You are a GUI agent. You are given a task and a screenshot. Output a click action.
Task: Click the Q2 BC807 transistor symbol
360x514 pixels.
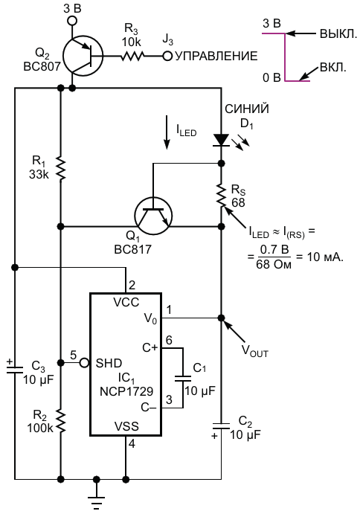[x=83, y=55]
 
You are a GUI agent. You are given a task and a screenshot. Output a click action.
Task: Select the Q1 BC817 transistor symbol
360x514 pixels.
[x=153, y=216]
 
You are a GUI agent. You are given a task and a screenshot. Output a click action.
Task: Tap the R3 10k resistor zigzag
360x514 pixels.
[x=132, y=56]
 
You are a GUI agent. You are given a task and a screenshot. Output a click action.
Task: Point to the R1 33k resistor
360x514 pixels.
[x=61, y=169]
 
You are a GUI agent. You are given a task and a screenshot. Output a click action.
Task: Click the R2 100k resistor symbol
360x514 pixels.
[x=61, y=420]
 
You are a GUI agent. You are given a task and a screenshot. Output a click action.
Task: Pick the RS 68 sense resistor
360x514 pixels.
[x=222, y=196]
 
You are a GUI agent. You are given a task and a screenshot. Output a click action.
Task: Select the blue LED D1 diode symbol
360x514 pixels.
[x=222, y=140]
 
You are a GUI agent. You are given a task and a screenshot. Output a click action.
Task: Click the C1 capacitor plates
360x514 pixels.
[x=183, y=379]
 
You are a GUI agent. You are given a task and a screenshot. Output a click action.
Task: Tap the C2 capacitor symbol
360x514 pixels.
[x=222, y=426]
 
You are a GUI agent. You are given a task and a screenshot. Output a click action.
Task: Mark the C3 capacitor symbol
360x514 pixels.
[x=15, y=370]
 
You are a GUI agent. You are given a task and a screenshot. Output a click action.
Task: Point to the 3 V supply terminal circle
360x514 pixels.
[x=72, y=21]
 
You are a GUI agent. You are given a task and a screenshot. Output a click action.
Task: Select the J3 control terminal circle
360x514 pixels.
[x=167, y=56]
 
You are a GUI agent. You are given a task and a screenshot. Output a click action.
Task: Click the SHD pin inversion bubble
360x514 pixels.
[x=85, y=362]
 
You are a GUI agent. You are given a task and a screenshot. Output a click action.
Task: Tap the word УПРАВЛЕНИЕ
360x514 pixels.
[x=216, y=57]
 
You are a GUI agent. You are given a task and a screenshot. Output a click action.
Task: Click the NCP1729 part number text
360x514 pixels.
[x=126, y=391]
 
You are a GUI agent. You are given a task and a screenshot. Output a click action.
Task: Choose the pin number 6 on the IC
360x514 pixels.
[x=169, y=340]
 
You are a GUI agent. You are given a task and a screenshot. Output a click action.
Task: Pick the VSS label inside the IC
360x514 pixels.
[x=126, y=426]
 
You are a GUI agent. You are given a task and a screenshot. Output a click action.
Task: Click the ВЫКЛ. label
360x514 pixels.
[x=338, y=33]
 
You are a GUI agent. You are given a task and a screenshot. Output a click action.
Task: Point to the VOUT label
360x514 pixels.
[x=255, y=351]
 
